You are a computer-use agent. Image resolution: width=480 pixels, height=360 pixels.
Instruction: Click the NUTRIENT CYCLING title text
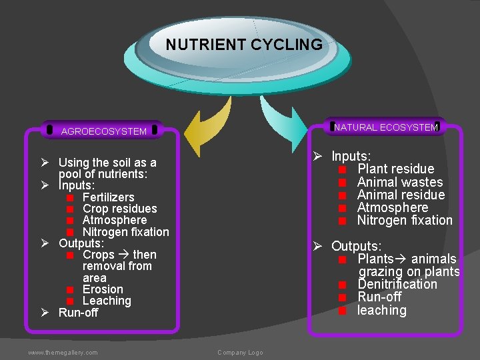pos(244,45)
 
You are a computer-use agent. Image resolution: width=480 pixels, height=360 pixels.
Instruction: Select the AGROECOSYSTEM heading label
pos(104,131)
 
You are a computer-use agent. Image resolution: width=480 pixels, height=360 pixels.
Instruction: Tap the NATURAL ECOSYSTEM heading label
pos(386,127)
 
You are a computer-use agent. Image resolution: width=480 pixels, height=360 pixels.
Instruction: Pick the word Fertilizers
pos(108,197)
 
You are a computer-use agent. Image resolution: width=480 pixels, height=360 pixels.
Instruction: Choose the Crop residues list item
pos(119,209)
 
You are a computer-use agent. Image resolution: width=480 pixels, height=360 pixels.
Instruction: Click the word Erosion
pos(103,289)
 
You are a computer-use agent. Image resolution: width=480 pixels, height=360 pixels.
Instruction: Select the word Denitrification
pos(397,284)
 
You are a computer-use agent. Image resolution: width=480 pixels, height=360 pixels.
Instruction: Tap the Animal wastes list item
pos(400,182)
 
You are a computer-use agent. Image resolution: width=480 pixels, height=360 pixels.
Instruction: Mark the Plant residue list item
pos(395,169)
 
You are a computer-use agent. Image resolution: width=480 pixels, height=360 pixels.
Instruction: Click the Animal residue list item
pos(401,195)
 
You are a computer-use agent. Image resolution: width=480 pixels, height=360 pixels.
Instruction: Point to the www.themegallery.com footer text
pos(63,352)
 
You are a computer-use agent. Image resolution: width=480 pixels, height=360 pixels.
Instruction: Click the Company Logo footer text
pos(240,352)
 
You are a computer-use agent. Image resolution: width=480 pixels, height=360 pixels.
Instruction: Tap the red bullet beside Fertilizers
pos(69,198)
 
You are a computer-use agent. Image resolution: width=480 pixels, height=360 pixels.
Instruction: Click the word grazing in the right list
pos(381,271)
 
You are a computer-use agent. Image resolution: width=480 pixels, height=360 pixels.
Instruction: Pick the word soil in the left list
pos(123,163)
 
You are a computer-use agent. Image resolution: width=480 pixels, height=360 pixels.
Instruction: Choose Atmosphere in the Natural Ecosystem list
pos(393,207)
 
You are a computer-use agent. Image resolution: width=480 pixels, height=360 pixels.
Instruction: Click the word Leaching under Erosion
pos(107,301)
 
